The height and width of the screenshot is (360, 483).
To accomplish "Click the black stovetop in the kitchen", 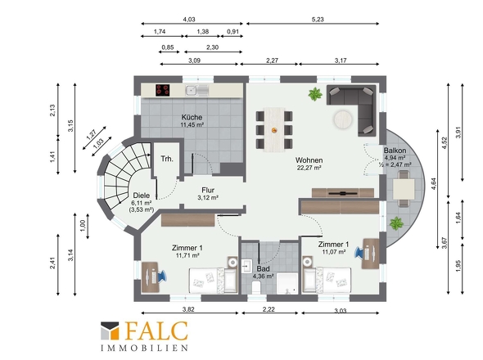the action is point(163,90).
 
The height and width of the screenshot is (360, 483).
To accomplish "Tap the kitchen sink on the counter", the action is point(196,90).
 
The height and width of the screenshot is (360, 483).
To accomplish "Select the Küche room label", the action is point(192,117).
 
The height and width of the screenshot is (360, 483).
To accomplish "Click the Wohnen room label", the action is point(309,160).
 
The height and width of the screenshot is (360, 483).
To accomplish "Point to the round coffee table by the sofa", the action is point(343,119).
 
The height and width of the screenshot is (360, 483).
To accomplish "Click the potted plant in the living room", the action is point(315,94).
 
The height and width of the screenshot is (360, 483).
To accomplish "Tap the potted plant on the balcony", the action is point(396,223).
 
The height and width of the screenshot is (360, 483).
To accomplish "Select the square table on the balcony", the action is point(404,189).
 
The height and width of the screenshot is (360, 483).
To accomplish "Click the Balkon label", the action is point(395,151).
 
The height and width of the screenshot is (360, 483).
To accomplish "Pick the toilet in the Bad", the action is point(256,288).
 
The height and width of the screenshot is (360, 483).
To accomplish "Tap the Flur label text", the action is point(208,191).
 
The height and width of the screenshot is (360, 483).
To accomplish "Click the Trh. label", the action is point(167,159).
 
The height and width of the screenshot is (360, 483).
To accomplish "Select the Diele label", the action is point(142,196).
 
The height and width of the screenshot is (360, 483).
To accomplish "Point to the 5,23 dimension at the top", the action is point(318,20).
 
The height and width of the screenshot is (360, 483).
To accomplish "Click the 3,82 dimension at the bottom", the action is point(188,309).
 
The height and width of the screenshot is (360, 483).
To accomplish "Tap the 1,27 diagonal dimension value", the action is point(92,135).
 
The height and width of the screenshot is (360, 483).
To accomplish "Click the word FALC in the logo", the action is point(156,331).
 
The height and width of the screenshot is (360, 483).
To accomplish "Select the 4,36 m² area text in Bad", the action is point(264,277).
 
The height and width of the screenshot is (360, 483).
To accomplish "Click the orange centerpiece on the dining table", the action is point(274,130).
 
